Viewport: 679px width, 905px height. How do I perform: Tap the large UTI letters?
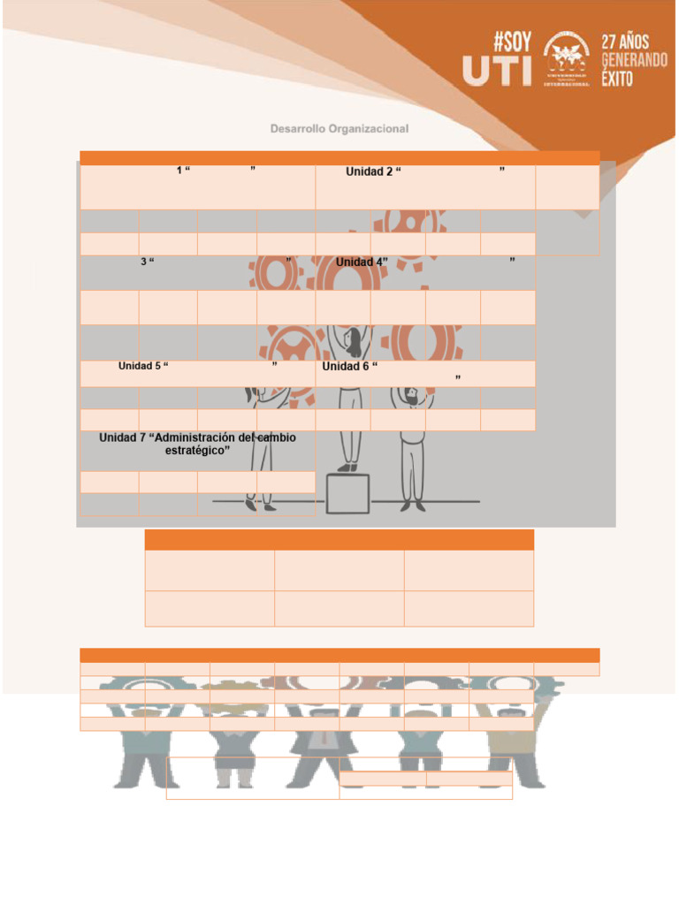click(498, 72)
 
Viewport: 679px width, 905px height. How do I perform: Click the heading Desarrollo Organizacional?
click(339, 129)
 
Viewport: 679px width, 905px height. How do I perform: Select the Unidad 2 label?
click(369, 171)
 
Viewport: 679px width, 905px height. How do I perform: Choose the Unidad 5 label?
click(140, 366)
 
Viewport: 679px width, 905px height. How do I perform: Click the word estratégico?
click(198, 451)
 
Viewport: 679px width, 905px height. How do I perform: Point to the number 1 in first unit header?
click(179, 170)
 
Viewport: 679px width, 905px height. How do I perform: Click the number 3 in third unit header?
click(143, 262)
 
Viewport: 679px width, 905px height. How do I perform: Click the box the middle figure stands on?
click(347, 493)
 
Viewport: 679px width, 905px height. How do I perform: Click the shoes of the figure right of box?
click(411, 506)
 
